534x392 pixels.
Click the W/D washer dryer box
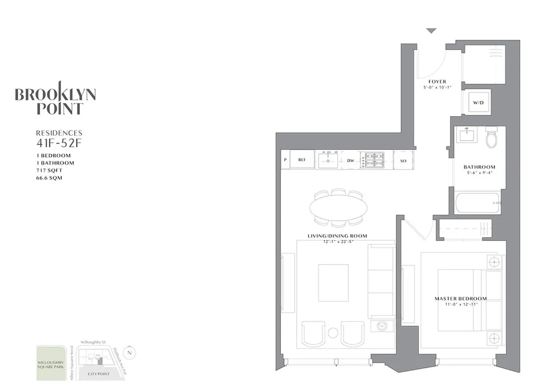click(x=476, y=103)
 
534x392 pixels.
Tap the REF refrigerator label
click(x=302, y=160)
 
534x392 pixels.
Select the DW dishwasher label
click(x=350, y=160)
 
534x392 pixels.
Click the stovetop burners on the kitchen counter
click(x=372, y=160)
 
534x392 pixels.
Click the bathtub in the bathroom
click(x=477, y=203)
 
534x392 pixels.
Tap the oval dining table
click(x=338, y=208)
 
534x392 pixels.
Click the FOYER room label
click(x=437, y=81)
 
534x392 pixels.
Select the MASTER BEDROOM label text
click(x=461, y=298)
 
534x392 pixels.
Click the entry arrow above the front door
click(x=431, y=31)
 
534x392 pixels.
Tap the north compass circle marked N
click(x=129, y=352)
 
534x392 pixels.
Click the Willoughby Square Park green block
click(x=51, y=363)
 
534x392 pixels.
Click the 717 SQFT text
click(x=48, y=170)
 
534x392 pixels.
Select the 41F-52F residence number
click(x=58, y=144)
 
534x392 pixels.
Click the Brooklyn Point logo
click(x=55, y=98)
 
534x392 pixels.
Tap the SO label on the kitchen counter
click(x=403, y=160)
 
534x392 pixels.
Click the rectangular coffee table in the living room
click(x=333, y=283)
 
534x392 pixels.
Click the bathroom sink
click(x=466, y=135)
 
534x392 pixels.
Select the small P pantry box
click(x=284, y=160)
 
